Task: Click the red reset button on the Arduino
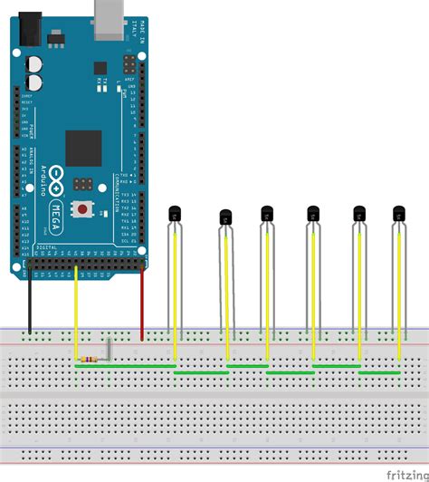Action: tap(83, 208)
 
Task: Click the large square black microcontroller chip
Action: tap(83, 149)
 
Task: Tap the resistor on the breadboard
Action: tap(88, 361)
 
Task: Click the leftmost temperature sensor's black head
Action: tap(175, 214)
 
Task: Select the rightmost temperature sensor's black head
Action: tap(398, 214)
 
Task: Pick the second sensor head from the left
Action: tap(225, 217)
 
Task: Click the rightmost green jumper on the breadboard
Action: tap(379, 372)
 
